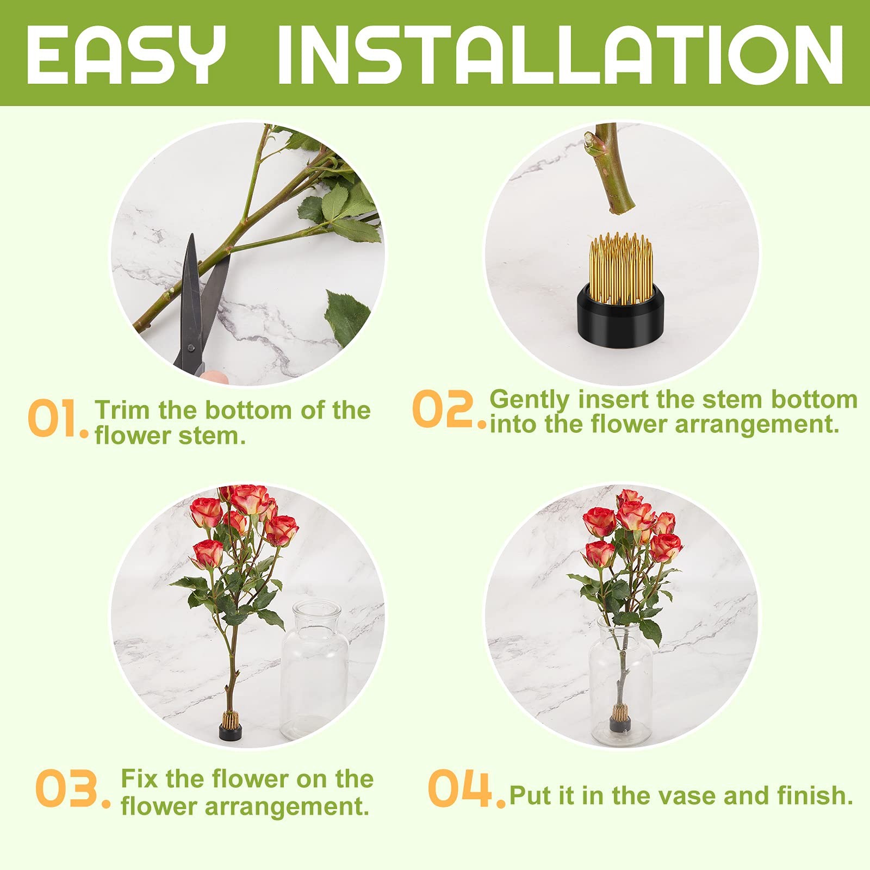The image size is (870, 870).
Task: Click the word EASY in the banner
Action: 126,54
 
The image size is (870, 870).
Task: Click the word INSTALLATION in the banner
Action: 561,54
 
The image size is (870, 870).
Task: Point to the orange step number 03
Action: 73,788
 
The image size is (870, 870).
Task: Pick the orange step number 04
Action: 467,788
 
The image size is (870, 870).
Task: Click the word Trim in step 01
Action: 123,410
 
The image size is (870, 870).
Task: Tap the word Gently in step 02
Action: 530,401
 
